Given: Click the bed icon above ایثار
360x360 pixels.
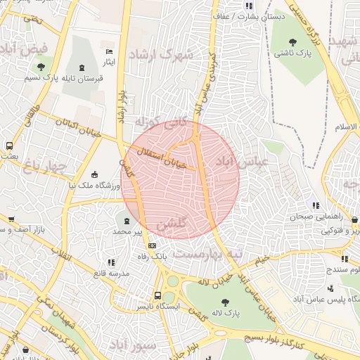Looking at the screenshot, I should [x=109, y=52].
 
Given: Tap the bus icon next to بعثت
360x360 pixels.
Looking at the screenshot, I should [x=10, y=146].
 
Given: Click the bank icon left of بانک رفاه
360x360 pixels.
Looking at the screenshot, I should [x=153, y=245].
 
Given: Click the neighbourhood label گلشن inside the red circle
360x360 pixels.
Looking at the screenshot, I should [x=172, y=226].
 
